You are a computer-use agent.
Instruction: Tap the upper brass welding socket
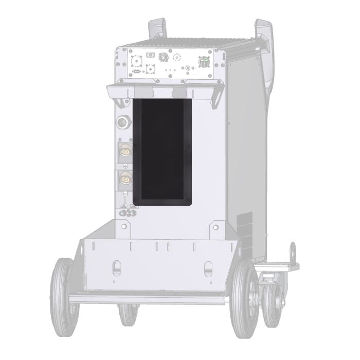pyautogui.click(x=124, y=152)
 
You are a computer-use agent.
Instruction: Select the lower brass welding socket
pyautogui.click(x=124, y=180)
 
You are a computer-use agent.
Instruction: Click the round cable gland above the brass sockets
pyautogui.click(x=123, y=123)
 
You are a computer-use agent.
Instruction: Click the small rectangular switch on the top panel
pyautogui.click(x=150, y=55)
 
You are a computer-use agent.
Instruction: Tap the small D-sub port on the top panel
pyautogui.click(x=137, y=72)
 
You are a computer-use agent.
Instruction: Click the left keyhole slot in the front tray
pyautogui.click(x=116, y=268)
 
